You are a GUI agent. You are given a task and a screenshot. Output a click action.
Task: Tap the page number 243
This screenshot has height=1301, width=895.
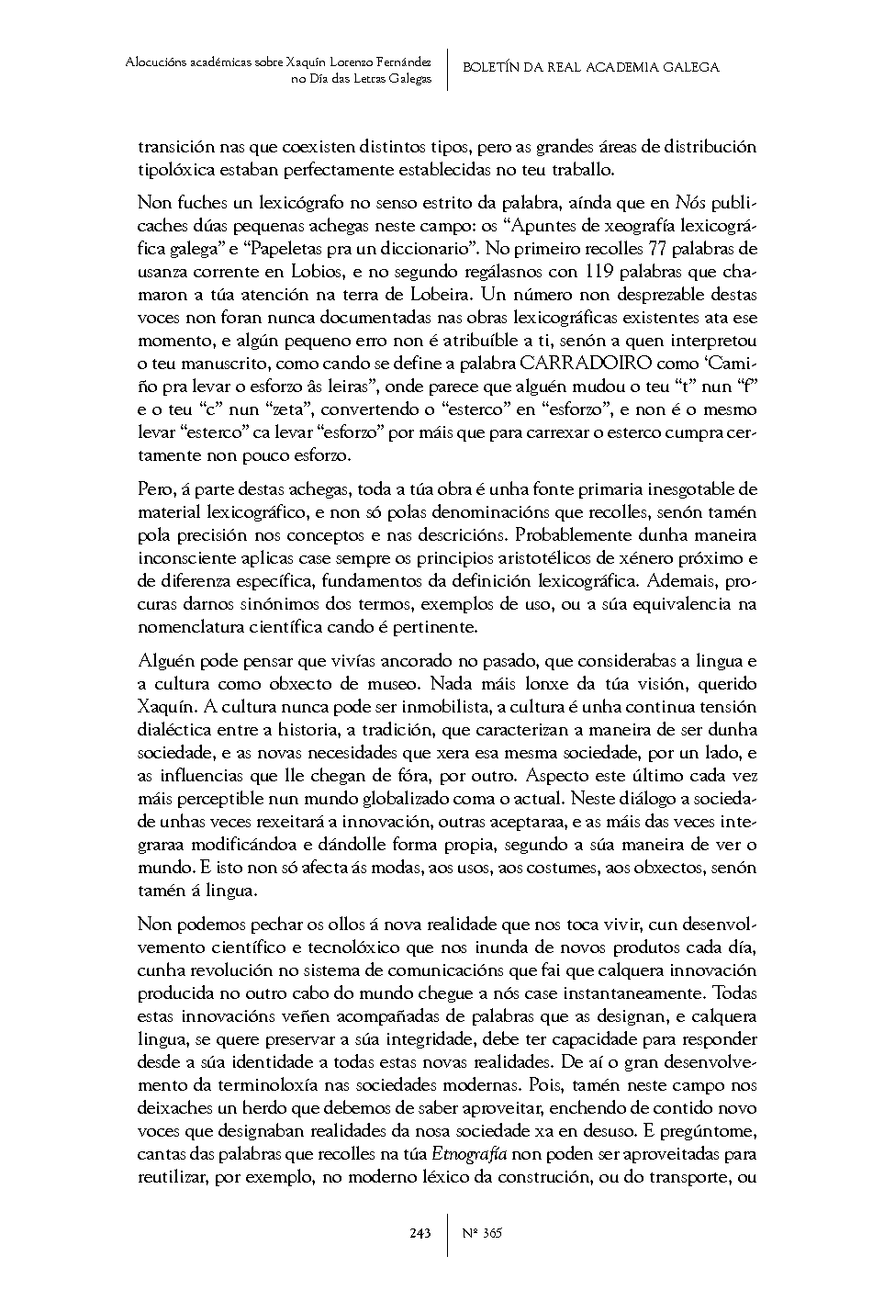pyautogui.click(x=420, y=1233)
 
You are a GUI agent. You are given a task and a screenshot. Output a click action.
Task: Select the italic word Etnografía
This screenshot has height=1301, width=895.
pyautogui.click(x=469, y=1153)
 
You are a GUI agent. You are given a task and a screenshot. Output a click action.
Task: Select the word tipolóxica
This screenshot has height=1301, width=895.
pyautogui.click(x=178, y=170)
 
